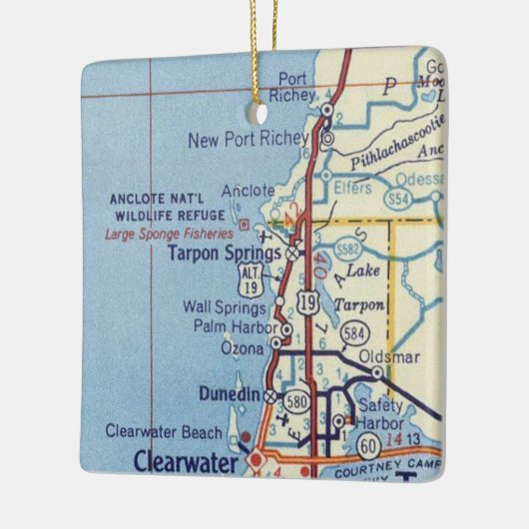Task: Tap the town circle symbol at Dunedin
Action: (x=269, y=395)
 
